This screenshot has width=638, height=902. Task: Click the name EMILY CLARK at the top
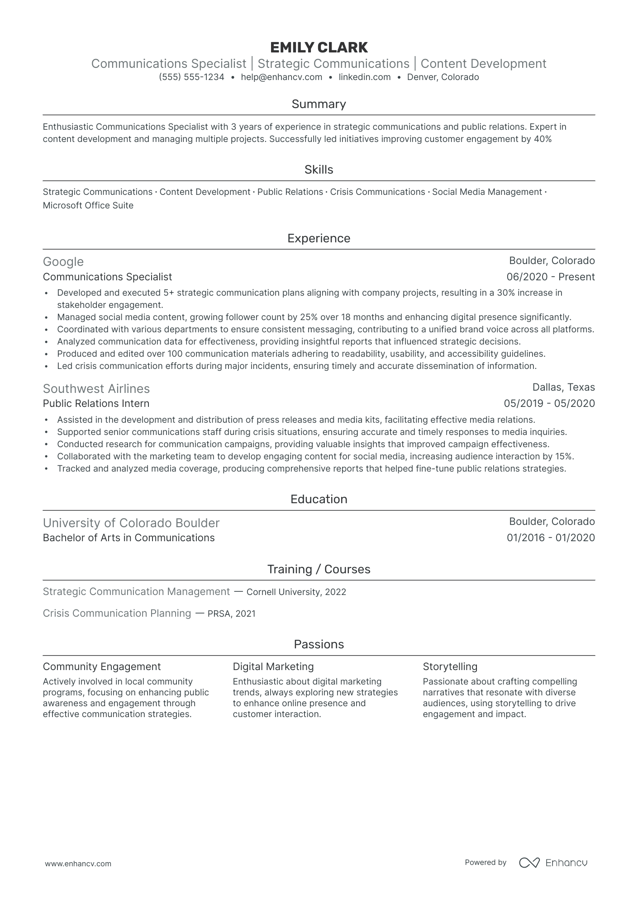tap(319, 47)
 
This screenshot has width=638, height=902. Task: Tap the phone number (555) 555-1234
tap(191, 77)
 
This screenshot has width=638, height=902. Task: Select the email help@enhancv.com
tap(281, 77)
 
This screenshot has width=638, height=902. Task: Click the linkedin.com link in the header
tap(364, 77)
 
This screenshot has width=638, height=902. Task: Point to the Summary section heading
tap(319, 104)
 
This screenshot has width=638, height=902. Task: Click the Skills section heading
tap(319, 170)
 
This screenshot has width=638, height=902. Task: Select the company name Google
tap(63, 262)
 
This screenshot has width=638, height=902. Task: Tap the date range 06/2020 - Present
tap(550, 277)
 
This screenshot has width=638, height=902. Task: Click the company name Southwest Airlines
tap(96, 389)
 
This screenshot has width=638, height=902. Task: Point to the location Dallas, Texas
tap(563, 387)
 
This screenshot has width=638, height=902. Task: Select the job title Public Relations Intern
tap(96, 403)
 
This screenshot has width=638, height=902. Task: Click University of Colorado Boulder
tap(131, 523)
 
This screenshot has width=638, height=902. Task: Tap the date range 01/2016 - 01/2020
tap(550, 538)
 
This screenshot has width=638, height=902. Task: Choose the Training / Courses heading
tap(319, 569)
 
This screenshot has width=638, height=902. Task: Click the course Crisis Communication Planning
tap(117, 614)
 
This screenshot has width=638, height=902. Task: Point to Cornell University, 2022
tap(296, 592)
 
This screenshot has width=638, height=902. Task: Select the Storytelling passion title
tap(450, 666)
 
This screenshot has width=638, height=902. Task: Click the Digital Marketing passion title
tap(273, 666)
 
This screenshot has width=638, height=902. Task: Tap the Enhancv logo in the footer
tap(553, 863)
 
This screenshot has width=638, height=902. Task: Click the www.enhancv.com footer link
tap(78, 864)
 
